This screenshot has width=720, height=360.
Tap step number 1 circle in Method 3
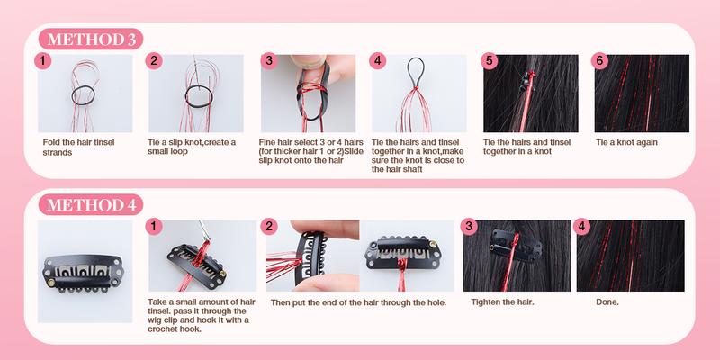pyautogui.click(x=40, y=61)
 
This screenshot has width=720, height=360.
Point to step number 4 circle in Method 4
pyautogui.click(x=581, y=225)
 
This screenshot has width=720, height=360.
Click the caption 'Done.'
pyautogui.click(x=607, y=302)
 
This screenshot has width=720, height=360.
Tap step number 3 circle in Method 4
pyautogui.click(x=468, y=225)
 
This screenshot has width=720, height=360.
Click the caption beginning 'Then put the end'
pyautogui.click(x=358, y=302)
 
